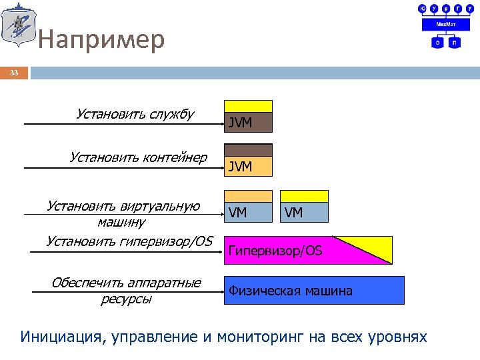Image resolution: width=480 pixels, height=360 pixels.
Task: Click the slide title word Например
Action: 101,41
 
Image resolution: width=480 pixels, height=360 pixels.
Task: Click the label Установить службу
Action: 135,114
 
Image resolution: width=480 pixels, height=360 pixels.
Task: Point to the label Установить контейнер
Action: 138,157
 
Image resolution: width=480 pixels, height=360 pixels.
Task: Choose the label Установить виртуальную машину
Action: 123,213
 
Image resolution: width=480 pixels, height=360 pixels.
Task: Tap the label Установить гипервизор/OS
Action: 129,241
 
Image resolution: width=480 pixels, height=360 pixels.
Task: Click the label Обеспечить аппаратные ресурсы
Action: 126,291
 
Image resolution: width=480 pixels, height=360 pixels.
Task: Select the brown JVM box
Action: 248,122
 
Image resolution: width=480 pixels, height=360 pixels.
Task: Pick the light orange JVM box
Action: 248,166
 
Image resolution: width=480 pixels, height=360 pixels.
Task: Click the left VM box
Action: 248,212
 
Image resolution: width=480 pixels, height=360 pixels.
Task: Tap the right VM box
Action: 304,212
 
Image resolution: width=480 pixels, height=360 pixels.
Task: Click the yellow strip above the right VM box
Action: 304,196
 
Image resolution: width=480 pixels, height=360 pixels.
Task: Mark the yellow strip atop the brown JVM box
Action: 248,106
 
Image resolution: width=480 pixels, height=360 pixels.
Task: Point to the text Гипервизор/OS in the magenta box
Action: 275,251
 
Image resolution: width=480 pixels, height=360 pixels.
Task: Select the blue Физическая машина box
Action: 313,291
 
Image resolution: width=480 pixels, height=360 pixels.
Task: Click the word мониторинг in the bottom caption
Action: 254,337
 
